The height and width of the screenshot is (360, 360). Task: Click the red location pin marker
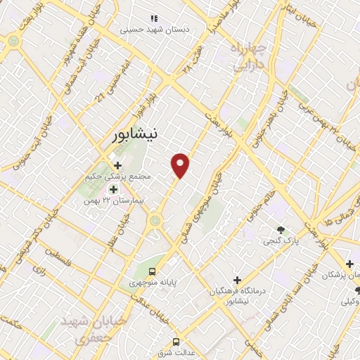(x=181, y=164)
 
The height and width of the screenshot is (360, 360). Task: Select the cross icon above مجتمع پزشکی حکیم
(x=117, y=165)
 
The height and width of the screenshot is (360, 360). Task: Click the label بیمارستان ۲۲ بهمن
(x=112, y=200)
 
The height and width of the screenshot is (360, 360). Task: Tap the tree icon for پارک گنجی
(x=281, y=231)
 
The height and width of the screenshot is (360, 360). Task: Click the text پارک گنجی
(x=281, y=241)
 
